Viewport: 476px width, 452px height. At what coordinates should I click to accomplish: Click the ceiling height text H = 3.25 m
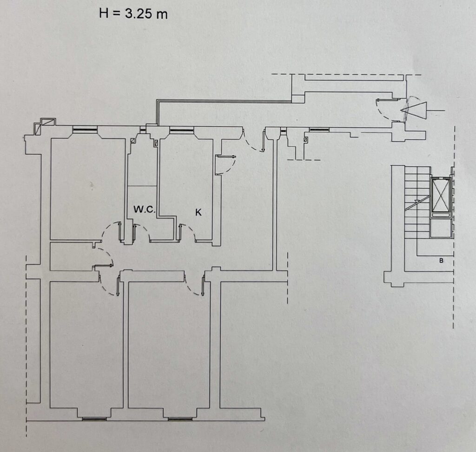click(133, 14)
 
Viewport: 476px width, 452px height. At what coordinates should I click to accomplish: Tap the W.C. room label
click(145, 210)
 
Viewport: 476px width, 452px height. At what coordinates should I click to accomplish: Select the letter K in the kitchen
click(198, 212)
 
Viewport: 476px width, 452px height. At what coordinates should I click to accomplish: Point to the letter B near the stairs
click(441, 261)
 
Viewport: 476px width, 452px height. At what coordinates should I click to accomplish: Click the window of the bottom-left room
click(94, 419)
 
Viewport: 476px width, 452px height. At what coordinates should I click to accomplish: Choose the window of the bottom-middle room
click(180, 419)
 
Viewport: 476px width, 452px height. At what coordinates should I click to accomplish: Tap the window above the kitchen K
click(182, 131)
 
